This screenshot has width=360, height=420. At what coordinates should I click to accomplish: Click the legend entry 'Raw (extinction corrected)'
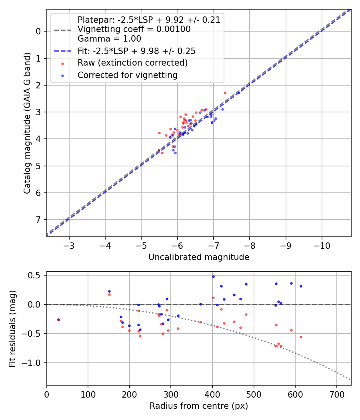coord(132,63)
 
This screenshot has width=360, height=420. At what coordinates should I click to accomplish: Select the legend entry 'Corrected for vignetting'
coord(127,75)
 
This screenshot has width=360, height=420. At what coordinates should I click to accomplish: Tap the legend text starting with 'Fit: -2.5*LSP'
coord(136,51)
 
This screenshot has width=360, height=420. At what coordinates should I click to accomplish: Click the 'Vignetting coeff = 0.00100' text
coord(134,29)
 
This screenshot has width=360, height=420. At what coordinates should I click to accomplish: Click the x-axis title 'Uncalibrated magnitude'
coord(199,257)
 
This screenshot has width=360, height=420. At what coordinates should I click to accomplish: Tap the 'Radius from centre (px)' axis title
coord(199,406)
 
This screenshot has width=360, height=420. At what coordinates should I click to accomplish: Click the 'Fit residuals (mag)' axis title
coord(12,328)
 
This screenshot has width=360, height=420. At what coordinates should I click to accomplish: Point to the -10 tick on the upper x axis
coord(322,245)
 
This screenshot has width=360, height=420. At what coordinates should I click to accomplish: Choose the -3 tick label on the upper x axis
coord(69,245)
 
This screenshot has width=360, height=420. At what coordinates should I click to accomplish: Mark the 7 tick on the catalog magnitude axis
coord(39,220)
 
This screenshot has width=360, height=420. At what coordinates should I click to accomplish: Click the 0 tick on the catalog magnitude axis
coord(39,31)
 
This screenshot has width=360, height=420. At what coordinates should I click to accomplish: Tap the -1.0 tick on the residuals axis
coord(33,363)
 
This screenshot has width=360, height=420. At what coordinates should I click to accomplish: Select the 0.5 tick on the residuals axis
coord(35,275)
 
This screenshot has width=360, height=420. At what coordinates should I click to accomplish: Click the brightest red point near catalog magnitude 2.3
coord(225,93)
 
